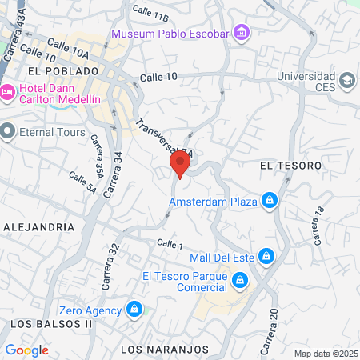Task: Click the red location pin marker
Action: (x=180, y=166)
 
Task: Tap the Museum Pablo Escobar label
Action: (x=170, y=34)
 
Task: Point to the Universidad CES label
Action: (x=307, y=81)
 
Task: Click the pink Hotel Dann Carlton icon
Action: (x=6, y=93)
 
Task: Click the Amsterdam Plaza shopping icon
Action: (x=270, y=201)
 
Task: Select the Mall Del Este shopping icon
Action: (x=267, y=257)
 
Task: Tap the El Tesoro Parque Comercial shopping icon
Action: (x=239, y=281)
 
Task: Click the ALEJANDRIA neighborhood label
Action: (x=38, y=226)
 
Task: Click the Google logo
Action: (x=26, y=350)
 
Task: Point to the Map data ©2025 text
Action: (x=325, y=354)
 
